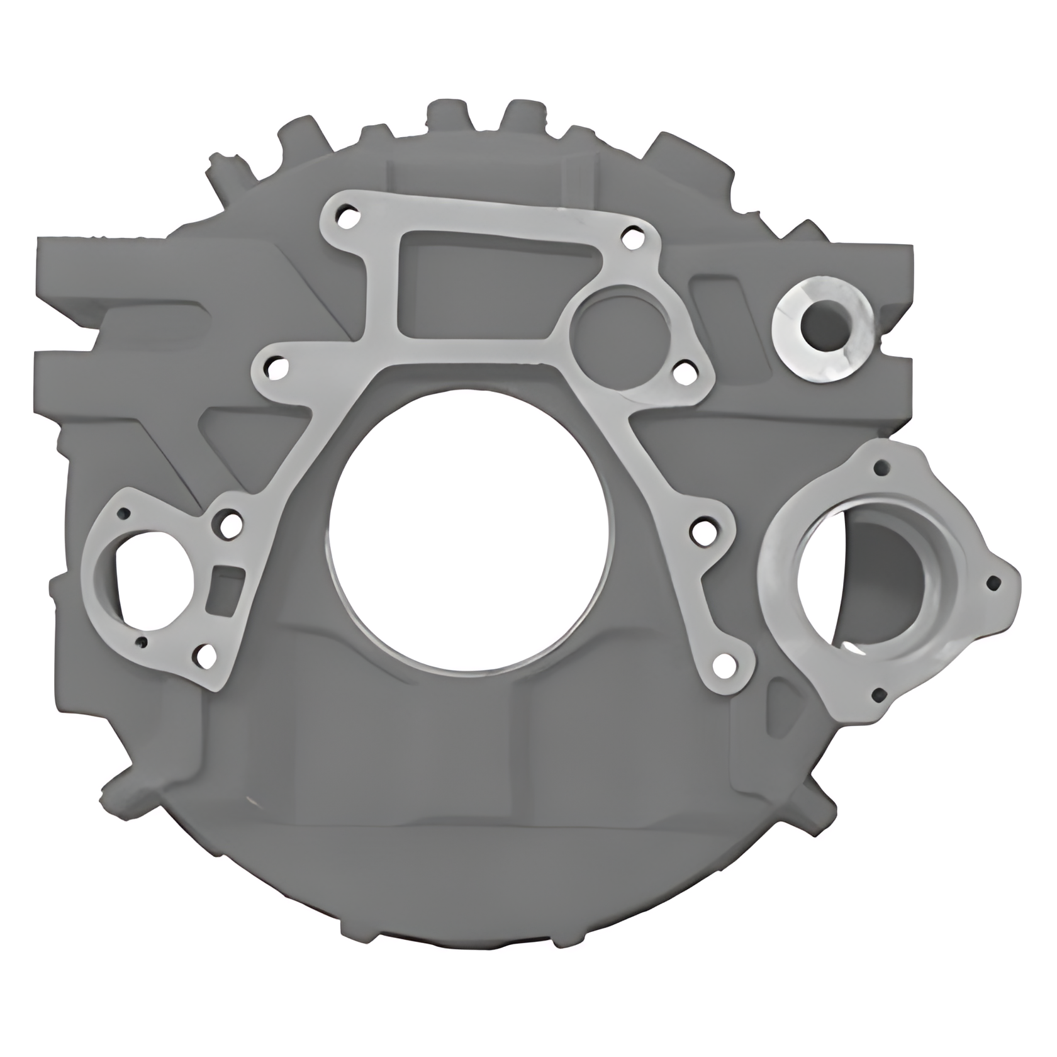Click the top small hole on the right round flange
[883, 467]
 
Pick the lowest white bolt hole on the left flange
[204, 656]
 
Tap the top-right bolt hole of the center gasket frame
[630, 237]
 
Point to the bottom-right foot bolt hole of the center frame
[724, 662]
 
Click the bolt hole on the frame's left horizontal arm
[274, 367]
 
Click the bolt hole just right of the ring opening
[683, 371]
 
